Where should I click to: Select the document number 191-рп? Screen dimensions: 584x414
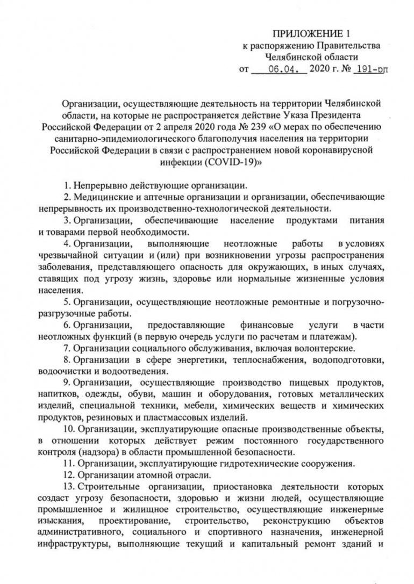370,69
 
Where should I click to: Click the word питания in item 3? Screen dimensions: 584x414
366,220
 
